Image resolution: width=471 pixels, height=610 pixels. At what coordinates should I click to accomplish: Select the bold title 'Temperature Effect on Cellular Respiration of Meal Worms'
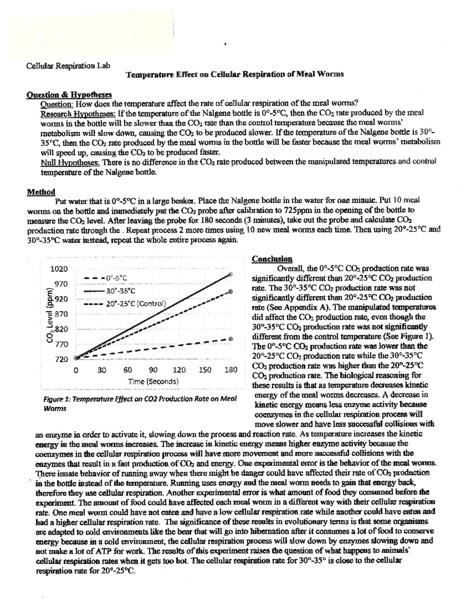[234, 74]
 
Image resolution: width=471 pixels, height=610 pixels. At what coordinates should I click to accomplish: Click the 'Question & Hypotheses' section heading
[69, 95]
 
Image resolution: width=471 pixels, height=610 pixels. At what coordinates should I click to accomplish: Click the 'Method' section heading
[41, 192]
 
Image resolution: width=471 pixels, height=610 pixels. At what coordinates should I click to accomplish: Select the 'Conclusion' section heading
[272, 259]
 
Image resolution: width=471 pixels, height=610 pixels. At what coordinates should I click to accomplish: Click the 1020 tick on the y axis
[59, 269]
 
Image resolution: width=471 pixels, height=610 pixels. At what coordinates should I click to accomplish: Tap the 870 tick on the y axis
[61, 314]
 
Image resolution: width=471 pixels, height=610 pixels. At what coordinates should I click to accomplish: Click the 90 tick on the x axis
[153, 370]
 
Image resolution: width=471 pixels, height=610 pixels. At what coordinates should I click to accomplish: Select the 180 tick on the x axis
[231, 370]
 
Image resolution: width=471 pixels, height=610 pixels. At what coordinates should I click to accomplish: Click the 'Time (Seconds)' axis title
[153, 381]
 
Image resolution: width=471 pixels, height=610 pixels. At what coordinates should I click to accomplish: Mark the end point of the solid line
[231, 275]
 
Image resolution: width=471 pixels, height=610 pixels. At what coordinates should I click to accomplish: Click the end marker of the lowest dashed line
[231, 338]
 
